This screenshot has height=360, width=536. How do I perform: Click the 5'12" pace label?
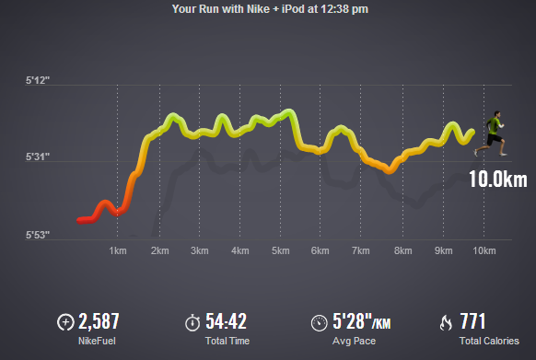click(38, 80)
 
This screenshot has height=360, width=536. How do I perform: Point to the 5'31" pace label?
click(38, 157)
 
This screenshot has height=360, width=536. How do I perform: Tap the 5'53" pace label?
click(38, 235)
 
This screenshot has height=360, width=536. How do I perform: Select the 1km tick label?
click(118, 250)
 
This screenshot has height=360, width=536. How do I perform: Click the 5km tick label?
click(281, 250)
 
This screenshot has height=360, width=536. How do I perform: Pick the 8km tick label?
click(403, 250)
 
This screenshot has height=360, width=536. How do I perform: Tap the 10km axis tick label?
click(484, 250)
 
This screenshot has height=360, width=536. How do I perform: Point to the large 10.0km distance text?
click(498, 179)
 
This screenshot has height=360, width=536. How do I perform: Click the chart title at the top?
click(270, 9)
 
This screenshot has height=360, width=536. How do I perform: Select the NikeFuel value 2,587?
click(99, 321)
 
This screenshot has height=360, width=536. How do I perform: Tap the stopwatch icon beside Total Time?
click(192, 322)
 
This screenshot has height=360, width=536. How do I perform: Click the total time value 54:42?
click(226, 321)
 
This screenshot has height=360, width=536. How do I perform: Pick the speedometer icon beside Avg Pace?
click(320, 323)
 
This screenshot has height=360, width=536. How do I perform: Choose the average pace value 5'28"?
click(352, 321)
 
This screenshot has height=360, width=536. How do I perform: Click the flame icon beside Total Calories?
click(446, 322)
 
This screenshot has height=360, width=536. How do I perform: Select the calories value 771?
click(472, 321)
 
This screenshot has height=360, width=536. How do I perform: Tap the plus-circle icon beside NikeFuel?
click(65, 322)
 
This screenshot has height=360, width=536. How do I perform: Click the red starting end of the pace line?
click(79, 221)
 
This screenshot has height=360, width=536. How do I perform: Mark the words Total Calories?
click(489, 341)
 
